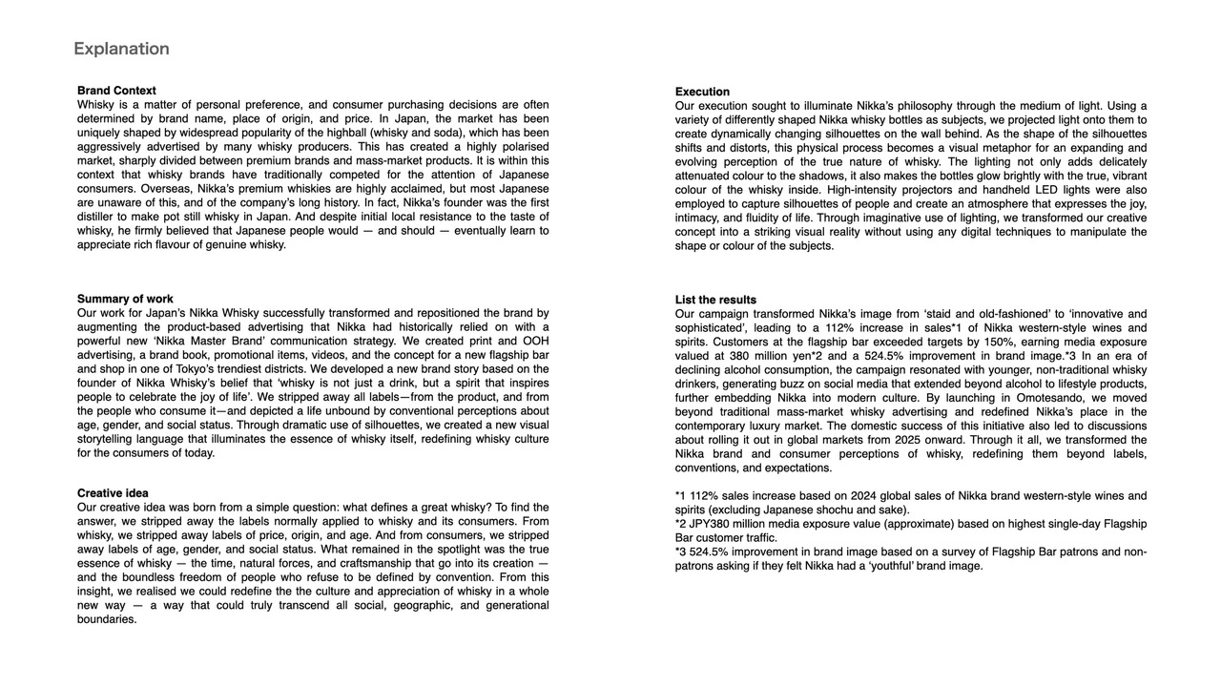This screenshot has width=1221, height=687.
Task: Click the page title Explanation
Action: [121, 49]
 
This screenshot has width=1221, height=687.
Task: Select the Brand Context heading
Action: [116, 91]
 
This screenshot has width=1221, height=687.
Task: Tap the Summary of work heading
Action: [125, 299]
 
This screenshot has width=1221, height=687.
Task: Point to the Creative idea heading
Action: [113, 493]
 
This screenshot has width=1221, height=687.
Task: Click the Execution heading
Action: [702, 92]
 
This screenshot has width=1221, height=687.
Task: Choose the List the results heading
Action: [715, 300]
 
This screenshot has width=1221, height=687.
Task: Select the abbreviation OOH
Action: [535, 341]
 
